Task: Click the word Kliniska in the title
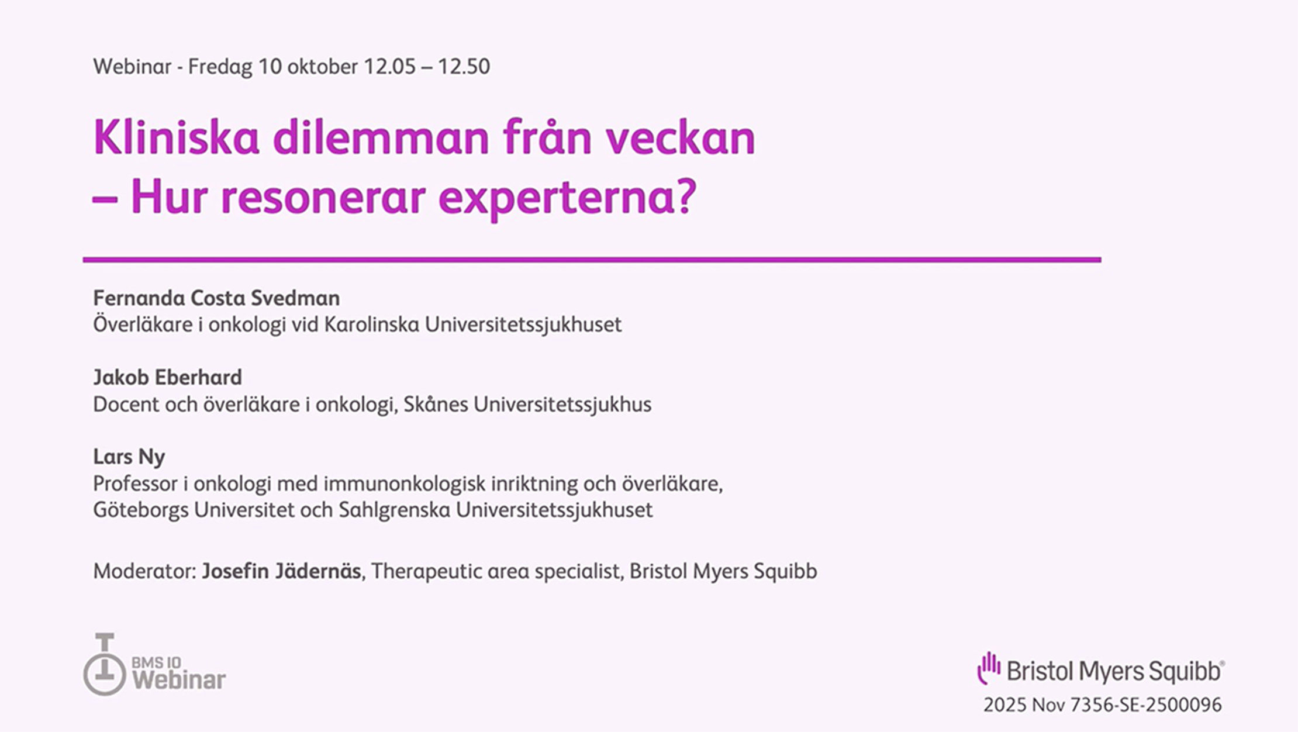click(176, 138)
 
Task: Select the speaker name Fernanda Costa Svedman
click(216, 298)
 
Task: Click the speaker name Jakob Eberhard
click(167, 378)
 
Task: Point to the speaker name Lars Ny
click(129, 457)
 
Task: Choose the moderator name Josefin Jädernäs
click(281, 571)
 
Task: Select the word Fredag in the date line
click(220, 67)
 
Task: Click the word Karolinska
click(371, 324)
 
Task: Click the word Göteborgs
click(140, 510)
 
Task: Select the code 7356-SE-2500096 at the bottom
click(1145, 705)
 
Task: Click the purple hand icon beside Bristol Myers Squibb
click(989, 668)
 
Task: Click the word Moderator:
click(144, 571)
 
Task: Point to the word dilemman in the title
click(381, 138)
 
